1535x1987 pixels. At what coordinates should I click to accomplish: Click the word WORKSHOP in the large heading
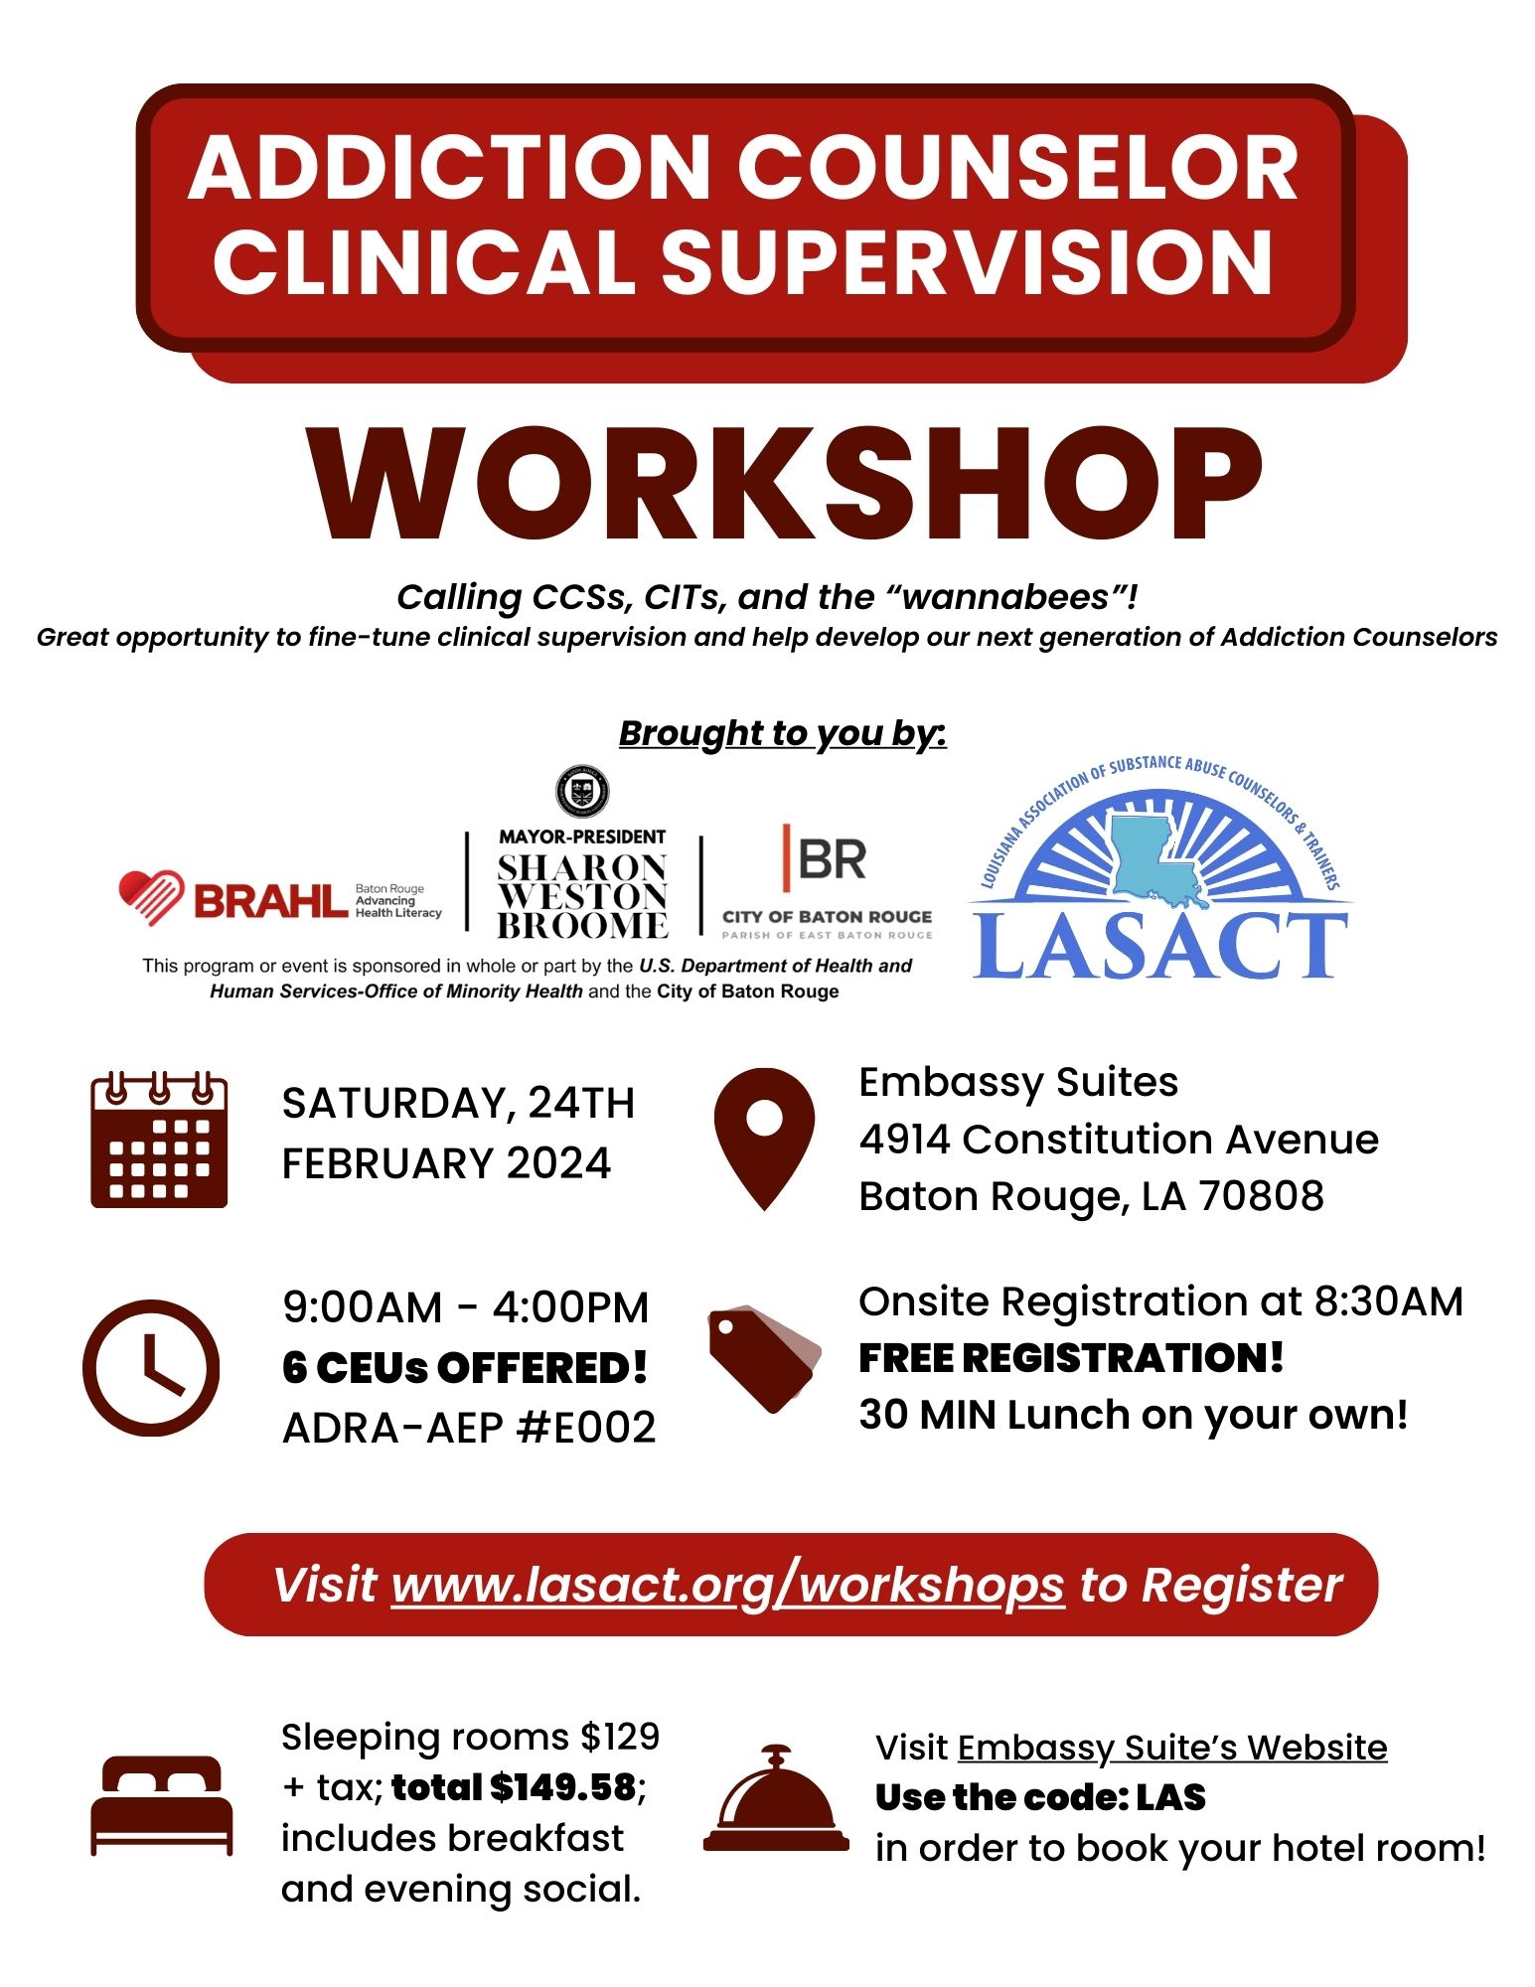(x=785, y=485)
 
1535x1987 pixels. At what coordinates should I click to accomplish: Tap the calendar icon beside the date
(x=159, y=1140)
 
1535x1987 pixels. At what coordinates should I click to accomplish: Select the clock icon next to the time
(x=151, y=1367)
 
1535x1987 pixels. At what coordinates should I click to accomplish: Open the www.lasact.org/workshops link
(x=727, y=1585)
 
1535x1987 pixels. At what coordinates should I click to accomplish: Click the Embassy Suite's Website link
(x=1172, y=1747)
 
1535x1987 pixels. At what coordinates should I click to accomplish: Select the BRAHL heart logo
(x=150, y=897)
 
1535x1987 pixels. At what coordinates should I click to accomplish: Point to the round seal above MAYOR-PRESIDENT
(x=582, y=792)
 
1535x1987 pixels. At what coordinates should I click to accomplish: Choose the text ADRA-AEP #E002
(x=469, y=1428)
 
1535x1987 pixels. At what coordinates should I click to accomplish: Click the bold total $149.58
(x=514, y=1787)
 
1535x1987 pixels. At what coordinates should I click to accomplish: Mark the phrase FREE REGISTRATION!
(x=1071, y=1358)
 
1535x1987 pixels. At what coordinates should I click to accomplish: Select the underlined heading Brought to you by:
(x=782, y=733)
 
